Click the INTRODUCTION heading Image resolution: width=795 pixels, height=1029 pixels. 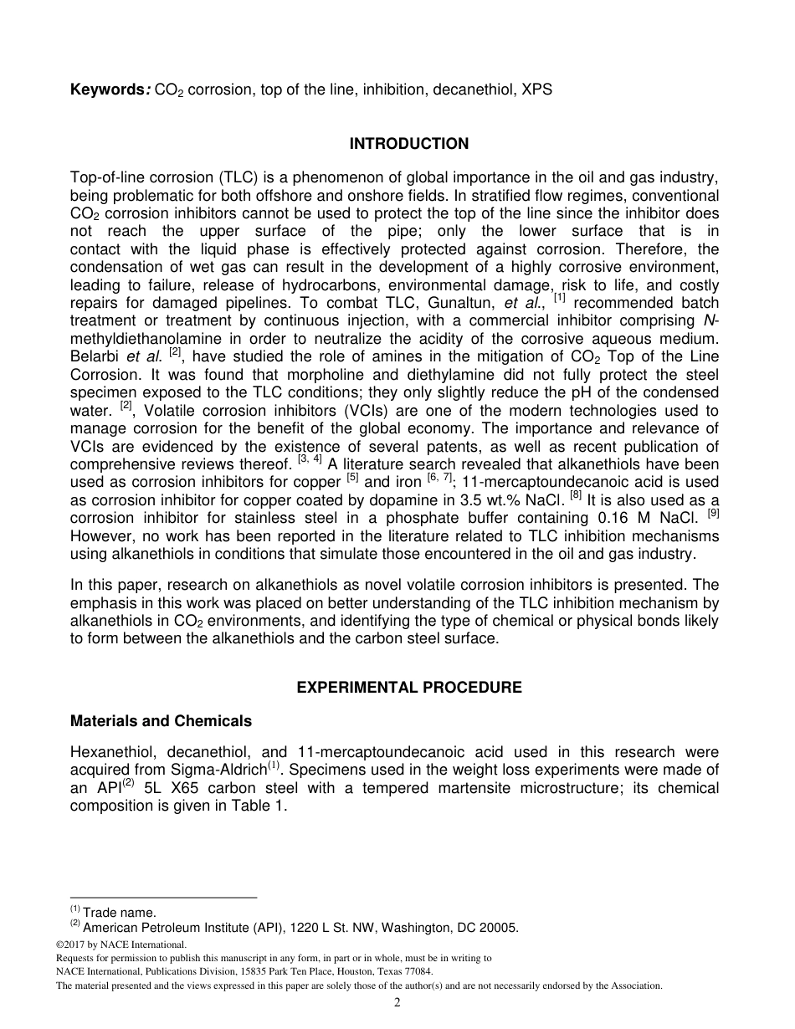pos(408,144)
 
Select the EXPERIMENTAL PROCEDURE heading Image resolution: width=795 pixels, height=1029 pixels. pos(408,688)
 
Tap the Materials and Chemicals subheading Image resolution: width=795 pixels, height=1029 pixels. pos(161,720)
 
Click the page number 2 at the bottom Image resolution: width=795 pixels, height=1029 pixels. pos(397,1003)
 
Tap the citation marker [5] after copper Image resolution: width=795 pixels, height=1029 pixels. pos(352,479)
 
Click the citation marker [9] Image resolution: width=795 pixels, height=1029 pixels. pos(713,511)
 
